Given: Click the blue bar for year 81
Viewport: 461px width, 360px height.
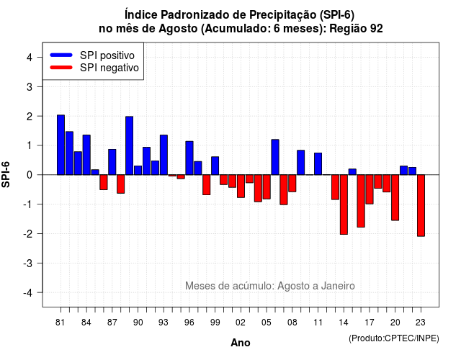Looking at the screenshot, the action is [61, 145].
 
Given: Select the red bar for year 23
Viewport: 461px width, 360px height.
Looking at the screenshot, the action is [421, 205].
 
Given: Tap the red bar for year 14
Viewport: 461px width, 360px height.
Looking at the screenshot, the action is [344, 204].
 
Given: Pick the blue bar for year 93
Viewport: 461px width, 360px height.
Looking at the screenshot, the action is [164, 155].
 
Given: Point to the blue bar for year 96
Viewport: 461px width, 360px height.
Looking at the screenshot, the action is [189, 158].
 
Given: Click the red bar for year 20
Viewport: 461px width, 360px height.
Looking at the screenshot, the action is [395, 197].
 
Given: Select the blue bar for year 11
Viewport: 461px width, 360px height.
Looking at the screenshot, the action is [318, 163].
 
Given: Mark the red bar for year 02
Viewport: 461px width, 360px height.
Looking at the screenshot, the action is [241, 186].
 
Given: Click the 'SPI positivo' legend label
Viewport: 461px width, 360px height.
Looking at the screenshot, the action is [107, 55].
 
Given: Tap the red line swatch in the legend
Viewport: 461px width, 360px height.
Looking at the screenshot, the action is [61, 68].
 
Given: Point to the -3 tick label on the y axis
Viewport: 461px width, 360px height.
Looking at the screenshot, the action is [29, 263].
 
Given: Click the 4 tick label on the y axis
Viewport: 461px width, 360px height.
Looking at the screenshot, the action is [30, 57].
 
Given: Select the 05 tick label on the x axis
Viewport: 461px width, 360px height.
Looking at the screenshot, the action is [267, 323].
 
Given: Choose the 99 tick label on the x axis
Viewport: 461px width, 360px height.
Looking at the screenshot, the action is [215, 323].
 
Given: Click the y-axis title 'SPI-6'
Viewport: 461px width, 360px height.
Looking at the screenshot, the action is [6, 174].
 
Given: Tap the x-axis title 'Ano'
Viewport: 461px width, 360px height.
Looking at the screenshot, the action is [241, 343].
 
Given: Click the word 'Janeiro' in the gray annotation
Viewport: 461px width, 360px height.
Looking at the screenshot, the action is [338, 286].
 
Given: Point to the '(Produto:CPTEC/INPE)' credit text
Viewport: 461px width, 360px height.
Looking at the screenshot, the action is [394, 338].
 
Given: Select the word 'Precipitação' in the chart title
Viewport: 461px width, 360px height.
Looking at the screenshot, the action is [283, 15].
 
